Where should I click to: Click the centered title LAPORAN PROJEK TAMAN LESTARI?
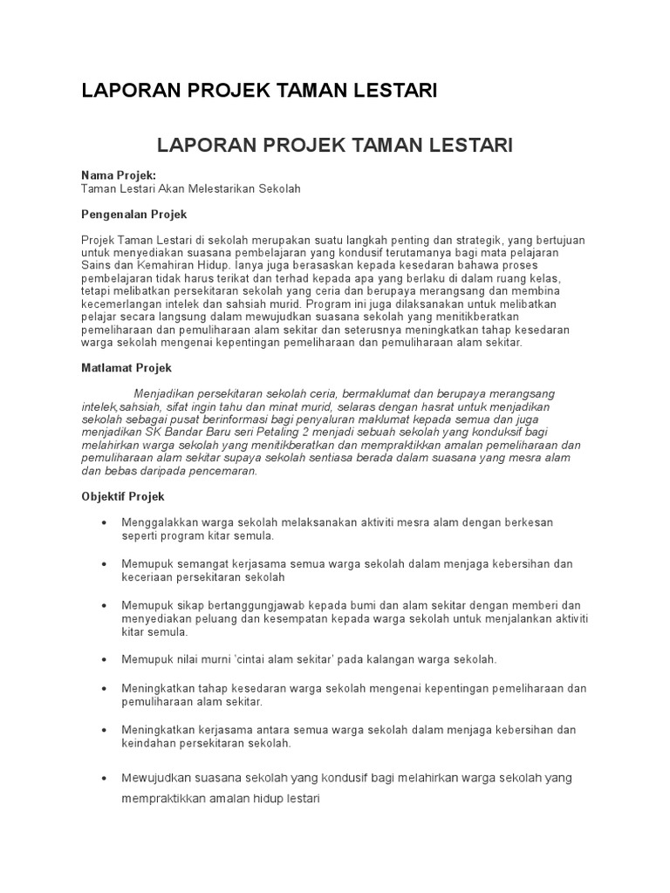(x=334, y=144)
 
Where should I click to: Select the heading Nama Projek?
(x=118, y=175)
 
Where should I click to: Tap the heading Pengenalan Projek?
(x=133, y=214)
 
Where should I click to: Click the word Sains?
(x=96, y=264)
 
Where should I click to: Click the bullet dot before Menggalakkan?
(x=104, y=522)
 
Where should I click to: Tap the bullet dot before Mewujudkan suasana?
(x=104, y=777)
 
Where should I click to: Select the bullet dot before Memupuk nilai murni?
(x=104, y=659)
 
